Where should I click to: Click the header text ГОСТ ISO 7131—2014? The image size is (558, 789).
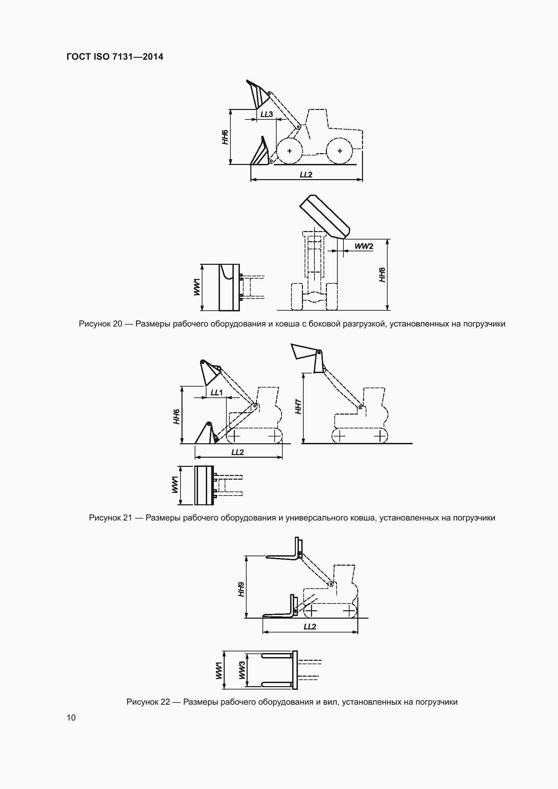(115, 57)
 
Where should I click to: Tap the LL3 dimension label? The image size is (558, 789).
(267, 114)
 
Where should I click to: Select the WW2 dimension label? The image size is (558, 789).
(364, 246)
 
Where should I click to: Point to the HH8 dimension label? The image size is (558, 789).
(382, 275)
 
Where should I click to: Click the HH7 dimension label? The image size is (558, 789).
(298, 406)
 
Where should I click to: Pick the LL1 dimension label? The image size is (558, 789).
(217, 392)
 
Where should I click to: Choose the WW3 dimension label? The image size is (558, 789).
(242, 670)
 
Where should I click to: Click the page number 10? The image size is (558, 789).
(71, 717)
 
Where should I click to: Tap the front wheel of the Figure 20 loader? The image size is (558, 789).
(289, 151)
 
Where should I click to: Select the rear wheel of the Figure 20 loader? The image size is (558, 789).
(339, 151)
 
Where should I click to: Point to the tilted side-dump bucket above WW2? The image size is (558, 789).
(325, 217)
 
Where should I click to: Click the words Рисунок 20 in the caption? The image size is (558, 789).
(100, 324)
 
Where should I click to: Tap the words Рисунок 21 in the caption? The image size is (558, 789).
(110, 517)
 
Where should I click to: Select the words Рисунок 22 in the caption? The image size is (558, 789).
(148, 702)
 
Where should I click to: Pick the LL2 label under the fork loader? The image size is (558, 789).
(310, 626)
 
